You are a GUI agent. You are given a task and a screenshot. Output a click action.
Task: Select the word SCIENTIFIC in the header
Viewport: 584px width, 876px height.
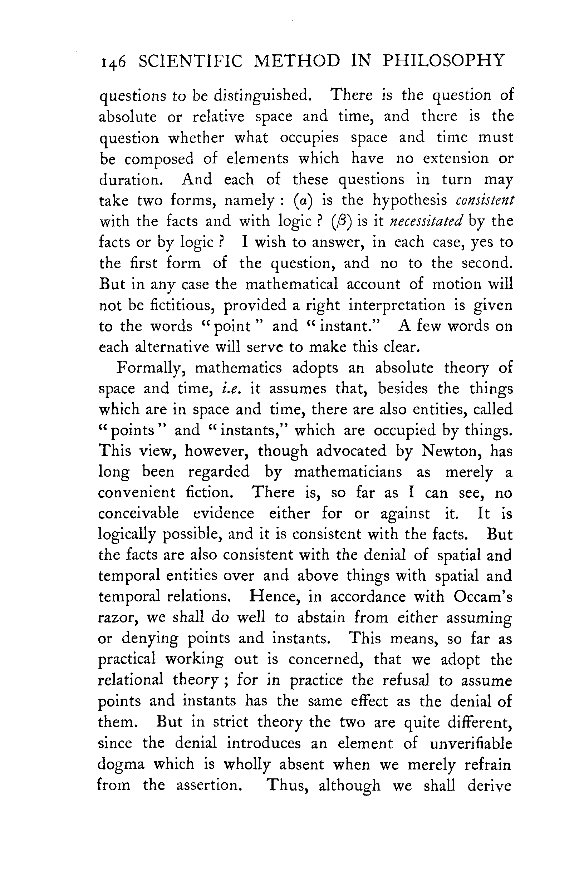pos(190,61)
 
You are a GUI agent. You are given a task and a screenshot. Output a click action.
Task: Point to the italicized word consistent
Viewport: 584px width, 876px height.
pos(485,201)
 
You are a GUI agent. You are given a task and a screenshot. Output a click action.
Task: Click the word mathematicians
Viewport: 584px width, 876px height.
pos(348,472)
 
